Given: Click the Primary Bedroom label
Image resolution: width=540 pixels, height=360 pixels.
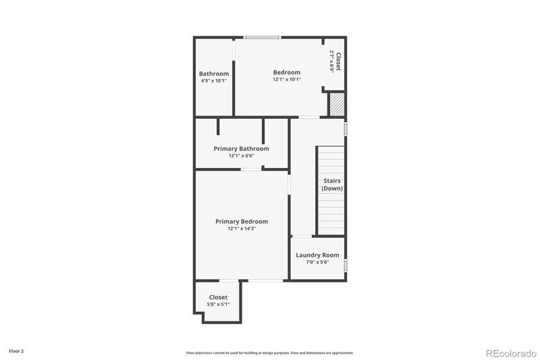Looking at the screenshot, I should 241,222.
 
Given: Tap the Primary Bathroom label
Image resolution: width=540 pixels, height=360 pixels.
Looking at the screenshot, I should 241,149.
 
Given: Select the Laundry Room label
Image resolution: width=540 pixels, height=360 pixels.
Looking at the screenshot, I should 317,255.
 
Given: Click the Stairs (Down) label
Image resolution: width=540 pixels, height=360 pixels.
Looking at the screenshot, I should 331,184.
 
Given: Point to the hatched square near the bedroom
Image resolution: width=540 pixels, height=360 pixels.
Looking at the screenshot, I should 336,105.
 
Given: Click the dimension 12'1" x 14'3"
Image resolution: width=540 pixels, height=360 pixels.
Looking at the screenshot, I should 241,229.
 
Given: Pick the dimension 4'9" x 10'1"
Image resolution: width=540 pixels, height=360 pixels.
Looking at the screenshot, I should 213,80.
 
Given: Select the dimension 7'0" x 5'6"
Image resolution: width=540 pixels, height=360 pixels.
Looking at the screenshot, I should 317,262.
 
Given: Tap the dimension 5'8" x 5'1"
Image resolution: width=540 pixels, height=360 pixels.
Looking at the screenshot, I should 218,304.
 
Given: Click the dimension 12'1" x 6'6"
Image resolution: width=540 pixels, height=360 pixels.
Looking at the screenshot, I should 241,156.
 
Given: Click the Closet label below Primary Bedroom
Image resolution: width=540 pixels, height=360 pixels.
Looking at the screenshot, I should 218,297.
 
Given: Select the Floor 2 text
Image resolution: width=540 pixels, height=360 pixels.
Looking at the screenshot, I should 16,351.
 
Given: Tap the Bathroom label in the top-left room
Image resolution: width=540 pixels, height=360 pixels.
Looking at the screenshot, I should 213,74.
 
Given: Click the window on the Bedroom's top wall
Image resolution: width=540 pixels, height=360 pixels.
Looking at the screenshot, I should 262,37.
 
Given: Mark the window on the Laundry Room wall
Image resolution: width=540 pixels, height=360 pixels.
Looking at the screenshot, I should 345,265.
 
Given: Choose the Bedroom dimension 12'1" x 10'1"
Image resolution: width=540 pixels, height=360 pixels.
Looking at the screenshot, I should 286,79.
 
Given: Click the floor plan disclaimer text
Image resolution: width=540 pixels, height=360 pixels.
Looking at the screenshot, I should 269,353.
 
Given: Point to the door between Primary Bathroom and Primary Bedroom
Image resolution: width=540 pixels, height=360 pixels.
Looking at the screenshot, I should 251,170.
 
